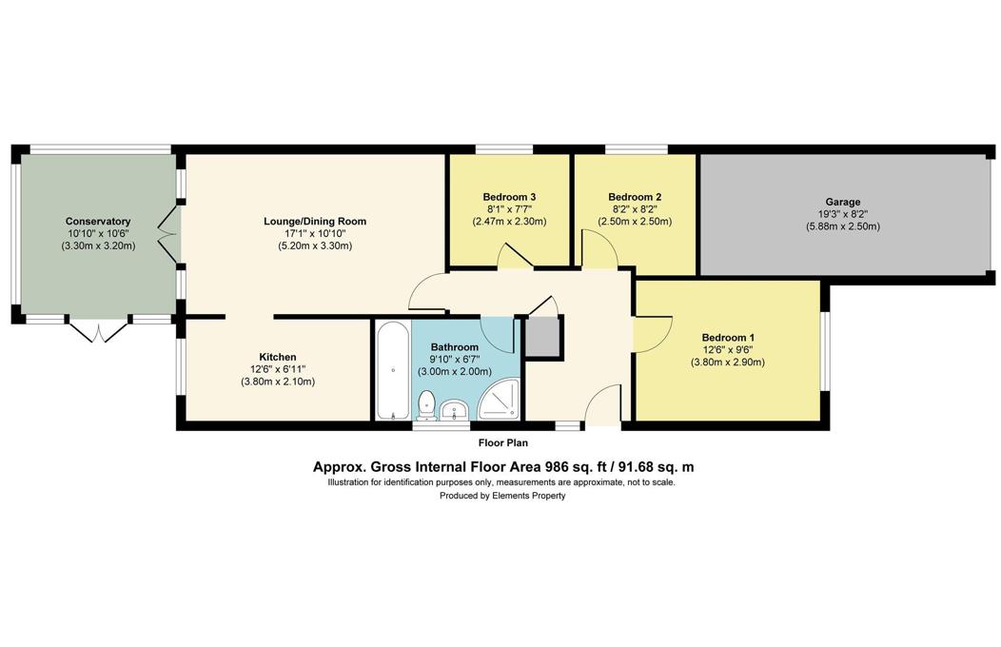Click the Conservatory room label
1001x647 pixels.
[x=97, y=221]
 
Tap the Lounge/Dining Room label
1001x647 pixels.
[x=315, y=221]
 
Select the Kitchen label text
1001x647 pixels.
[x=277, y=357]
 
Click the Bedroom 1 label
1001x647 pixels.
[x=728, y=337]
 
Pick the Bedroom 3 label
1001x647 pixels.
[x=509, y=197]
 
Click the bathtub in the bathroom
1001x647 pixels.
[x=392, y=370]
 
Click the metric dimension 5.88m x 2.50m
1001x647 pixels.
[x=842, y=226]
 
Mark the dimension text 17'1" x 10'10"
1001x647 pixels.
[x=315, y=233]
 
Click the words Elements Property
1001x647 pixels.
[x=533, y=496]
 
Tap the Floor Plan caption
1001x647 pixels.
[x=502, y=442]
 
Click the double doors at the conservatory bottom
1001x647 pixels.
[x=97, y=331]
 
